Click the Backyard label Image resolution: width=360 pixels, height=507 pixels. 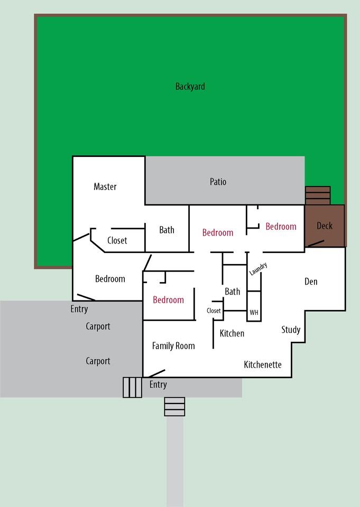(x=190, y=87)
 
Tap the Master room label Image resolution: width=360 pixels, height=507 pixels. (x=105, y=186)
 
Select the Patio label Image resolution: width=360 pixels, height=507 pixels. (x=218, y=182)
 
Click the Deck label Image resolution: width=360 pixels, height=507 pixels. (x=324, y=226)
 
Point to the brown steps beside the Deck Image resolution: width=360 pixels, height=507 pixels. (x=318, y=195)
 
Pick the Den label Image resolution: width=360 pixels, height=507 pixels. (x=311, y=281)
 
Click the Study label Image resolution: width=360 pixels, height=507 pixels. (x=290, y=330)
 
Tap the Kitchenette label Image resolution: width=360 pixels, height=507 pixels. (x=262, y=365)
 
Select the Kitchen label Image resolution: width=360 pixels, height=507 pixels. (x=232, y=333)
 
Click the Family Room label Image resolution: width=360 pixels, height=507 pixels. (x=173, y=346)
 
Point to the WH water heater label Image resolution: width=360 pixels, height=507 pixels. (x=254, y=313)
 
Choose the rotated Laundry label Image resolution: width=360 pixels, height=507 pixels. (x=259, y=269)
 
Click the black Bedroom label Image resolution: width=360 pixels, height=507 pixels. (x=110, y=279)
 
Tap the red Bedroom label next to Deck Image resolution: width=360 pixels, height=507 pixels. (x=281, y=227)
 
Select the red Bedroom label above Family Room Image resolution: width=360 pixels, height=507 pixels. (x=168, y=300)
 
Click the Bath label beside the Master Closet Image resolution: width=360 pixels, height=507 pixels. (x=167, y=230)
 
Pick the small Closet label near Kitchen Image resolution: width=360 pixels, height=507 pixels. (x=214, y=311)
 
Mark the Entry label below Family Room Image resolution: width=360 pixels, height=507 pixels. (x=158, y=384)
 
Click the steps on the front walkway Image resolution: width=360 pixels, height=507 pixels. (x=174, y=407)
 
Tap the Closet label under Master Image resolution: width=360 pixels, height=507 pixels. (x=117, y=241)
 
